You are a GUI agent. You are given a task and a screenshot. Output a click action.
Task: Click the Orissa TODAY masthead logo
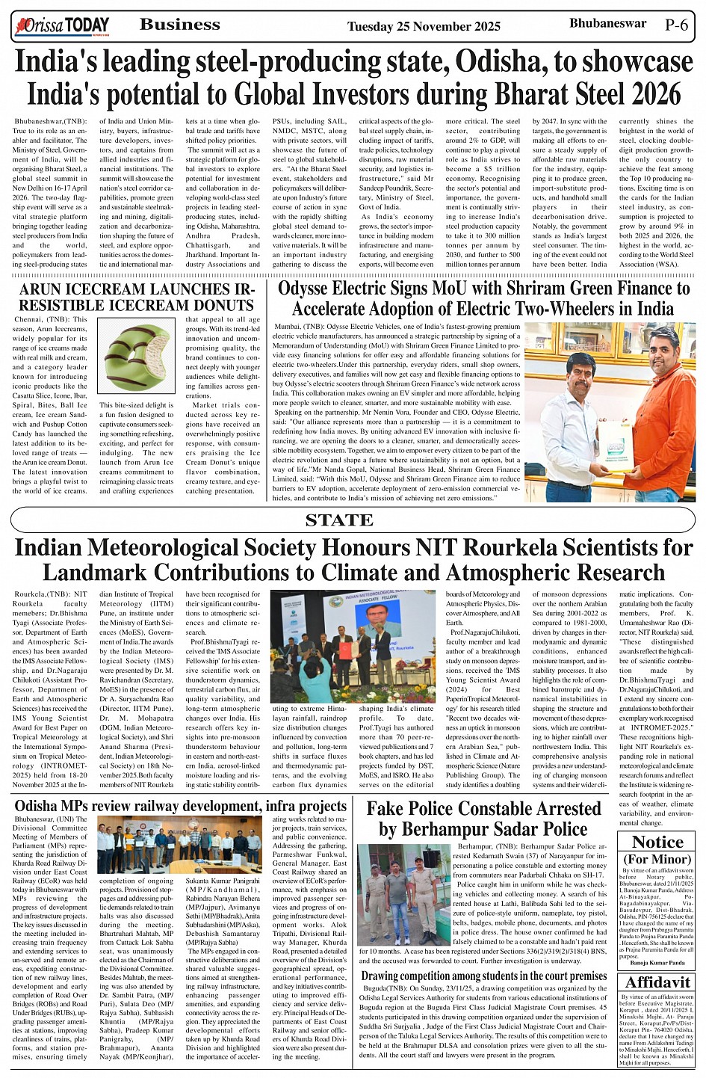coord(61,27)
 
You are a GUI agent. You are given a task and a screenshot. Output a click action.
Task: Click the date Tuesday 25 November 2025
coord(424,27)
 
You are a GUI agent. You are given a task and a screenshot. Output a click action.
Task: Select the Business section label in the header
coord(180,25)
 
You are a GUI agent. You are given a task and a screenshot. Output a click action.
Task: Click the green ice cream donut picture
coord(138,357)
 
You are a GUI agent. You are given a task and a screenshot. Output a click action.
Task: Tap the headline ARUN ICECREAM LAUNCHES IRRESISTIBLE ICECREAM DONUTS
coord(137,298)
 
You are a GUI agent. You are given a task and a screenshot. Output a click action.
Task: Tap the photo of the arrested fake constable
coord(403,895)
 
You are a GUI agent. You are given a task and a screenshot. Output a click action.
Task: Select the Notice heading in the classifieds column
coord(657,843)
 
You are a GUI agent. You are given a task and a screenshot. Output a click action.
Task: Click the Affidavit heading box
coord(657,982)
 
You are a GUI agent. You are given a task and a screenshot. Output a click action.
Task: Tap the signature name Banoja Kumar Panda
coord(657,963)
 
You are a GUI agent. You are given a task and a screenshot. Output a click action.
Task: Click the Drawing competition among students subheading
coord(483,976)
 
